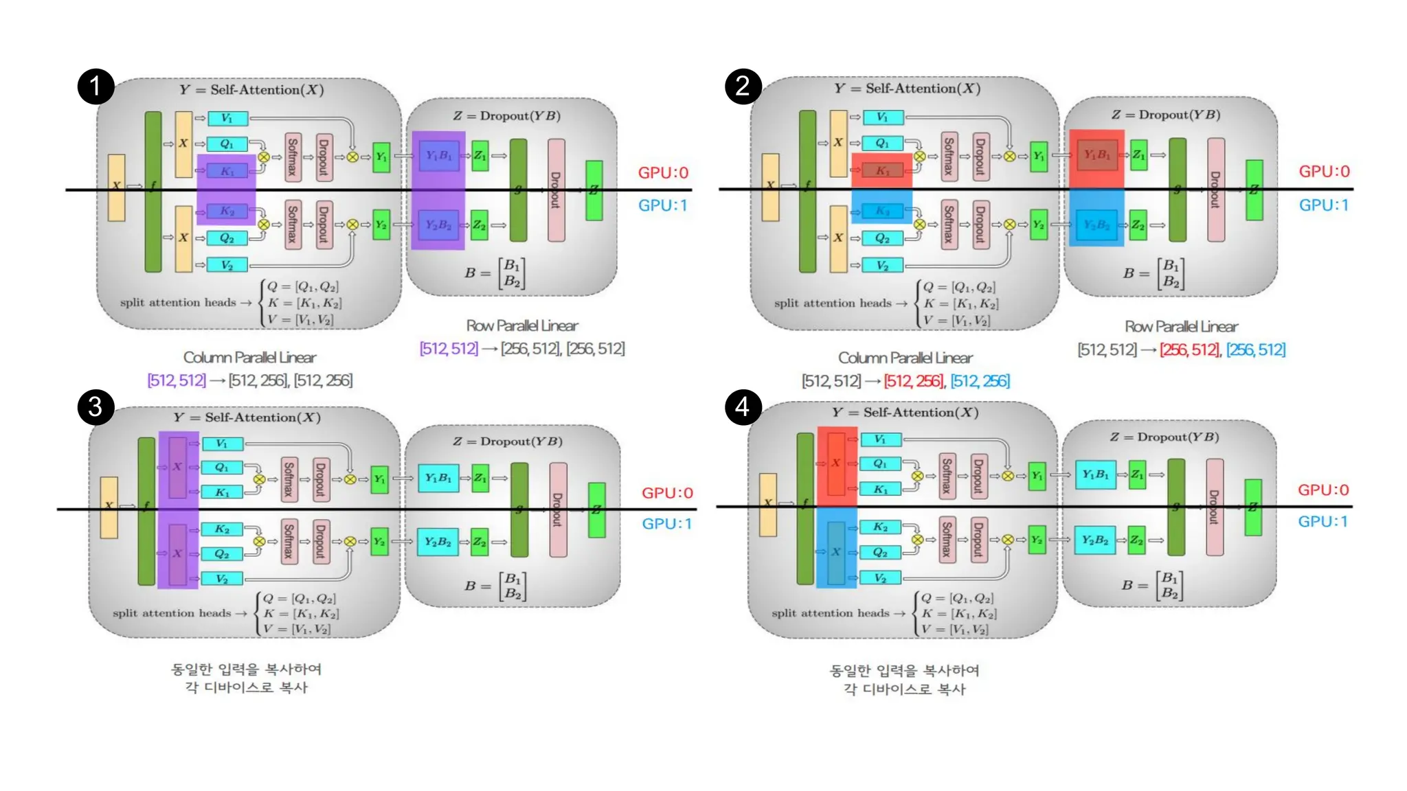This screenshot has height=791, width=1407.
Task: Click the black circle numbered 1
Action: (x=95, y=87)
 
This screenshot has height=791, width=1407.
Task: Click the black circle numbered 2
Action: (x=743, y=87)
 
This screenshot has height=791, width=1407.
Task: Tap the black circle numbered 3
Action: (x=95, y=406)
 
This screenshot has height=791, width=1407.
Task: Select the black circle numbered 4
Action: (x=743, y=406)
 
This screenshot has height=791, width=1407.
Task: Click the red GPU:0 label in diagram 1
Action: (x=663, y=172)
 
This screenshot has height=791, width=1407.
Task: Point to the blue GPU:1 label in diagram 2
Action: (x=1323, y=205)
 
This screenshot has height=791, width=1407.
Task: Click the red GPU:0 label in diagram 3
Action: (x=667, y=493)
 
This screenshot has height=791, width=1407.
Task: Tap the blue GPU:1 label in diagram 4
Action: (x=1322, y=521)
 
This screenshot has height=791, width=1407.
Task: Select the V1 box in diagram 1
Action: (x=227, y=119)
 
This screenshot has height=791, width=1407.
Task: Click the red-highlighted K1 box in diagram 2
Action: (x=882, y=170)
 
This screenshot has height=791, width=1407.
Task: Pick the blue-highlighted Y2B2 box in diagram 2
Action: (x=1096, y=225)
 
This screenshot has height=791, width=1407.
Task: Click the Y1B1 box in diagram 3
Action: (x=438, y=478)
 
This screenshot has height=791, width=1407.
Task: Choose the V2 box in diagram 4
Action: (x=880, y=578)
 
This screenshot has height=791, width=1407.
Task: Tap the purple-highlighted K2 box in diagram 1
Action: (x=227, y=211)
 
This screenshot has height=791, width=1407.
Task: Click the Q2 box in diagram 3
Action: (x=221, y=553)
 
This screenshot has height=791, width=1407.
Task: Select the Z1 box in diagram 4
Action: (x=1137, y=474)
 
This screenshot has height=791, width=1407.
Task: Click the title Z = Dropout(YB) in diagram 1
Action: (x=506, y=116)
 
